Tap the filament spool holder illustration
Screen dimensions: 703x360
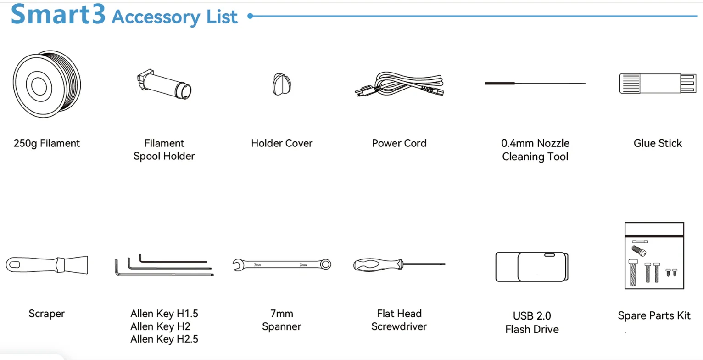point(164,84)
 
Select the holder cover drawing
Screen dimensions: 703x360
point(282,84)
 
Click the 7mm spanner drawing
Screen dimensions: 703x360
point(281,264)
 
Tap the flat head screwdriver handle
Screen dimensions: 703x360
point(377,264)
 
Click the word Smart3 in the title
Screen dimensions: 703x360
point(58,15)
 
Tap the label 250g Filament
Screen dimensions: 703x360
point(47,143)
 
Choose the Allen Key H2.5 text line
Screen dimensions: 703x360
point(164,339)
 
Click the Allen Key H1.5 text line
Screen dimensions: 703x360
point(164,314)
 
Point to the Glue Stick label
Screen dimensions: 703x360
point(658,143)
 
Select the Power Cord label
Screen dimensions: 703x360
point(399,143)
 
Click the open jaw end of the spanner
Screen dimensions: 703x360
point(238,264)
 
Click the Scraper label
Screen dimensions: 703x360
point(47,314)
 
